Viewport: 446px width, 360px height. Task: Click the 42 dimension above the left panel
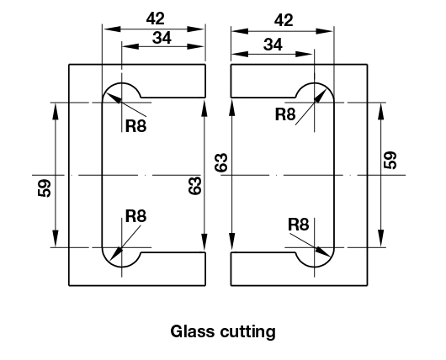point(156,19)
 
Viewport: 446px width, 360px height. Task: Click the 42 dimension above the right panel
point(284,20)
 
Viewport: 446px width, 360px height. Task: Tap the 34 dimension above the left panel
point(162,38)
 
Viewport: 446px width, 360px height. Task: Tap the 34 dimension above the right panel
point(273,45)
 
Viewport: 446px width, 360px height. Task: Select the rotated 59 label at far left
point(45,188)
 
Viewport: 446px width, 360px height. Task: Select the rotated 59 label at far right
point(390,160)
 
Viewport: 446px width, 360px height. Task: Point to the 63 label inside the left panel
point(195,186)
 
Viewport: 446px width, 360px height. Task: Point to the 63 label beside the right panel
point(221,162)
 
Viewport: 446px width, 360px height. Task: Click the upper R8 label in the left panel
point(136,126)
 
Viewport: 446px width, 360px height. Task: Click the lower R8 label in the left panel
point(136,216)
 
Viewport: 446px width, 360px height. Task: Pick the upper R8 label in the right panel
point(285,114)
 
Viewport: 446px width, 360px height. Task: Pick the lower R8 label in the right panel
point(299,225)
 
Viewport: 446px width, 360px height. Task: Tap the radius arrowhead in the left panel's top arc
point(114,98)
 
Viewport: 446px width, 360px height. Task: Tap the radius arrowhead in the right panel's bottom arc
point(323,251)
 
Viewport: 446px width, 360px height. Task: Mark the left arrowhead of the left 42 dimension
point(112,29)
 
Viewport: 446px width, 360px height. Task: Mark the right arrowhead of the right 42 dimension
point(325,31)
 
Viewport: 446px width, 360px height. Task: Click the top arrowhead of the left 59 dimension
point(56,111)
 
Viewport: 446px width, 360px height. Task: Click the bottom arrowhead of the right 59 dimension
point(381,238)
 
